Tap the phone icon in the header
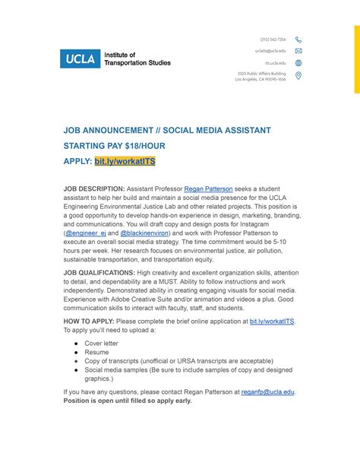[298, 40]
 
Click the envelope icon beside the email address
[298, 51]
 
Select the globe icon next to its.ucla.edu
[298, 63]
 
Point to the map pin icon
[298, 75]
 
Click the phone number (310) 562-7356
[273, 40]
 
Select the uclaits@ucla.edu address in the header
[270, 51]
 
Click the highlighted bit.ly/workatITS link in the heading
[125, 162]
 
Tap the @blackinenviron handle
[141, 233]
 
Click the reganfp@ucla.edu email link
[268, 392]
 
